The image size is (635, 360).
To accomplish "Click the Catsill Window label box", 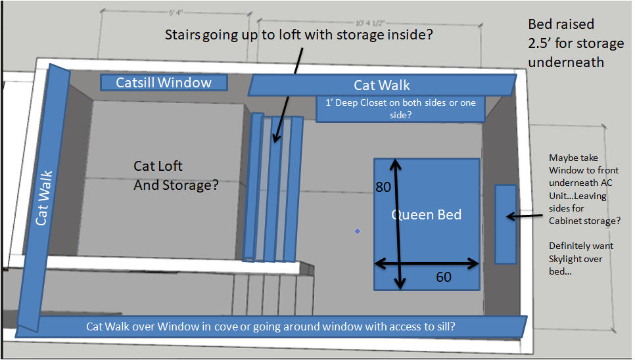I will coord(164,82).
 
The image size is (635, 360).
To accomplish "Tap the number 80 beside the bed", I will coord(383,187).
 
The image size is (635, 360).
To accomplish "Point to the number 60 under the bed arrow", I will coord(444,277).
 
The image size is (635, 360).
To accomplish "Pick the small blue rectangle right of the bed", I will coord(506,224).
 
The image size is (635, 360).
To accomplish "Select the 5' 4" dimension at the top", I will coord(176,12).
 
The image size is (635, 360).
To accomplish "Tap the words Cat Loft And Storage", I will coord(176,176).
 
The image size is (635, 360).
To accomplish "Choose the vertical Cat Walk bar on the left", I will coord(43,197).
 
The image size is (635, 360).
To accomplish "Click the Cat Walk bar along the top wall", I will coord(382,85).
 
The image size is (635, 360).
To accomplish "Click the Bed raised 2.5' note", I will coord(575,43).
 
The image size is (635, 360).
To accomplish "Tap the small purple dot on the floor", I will coord(357,231).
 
